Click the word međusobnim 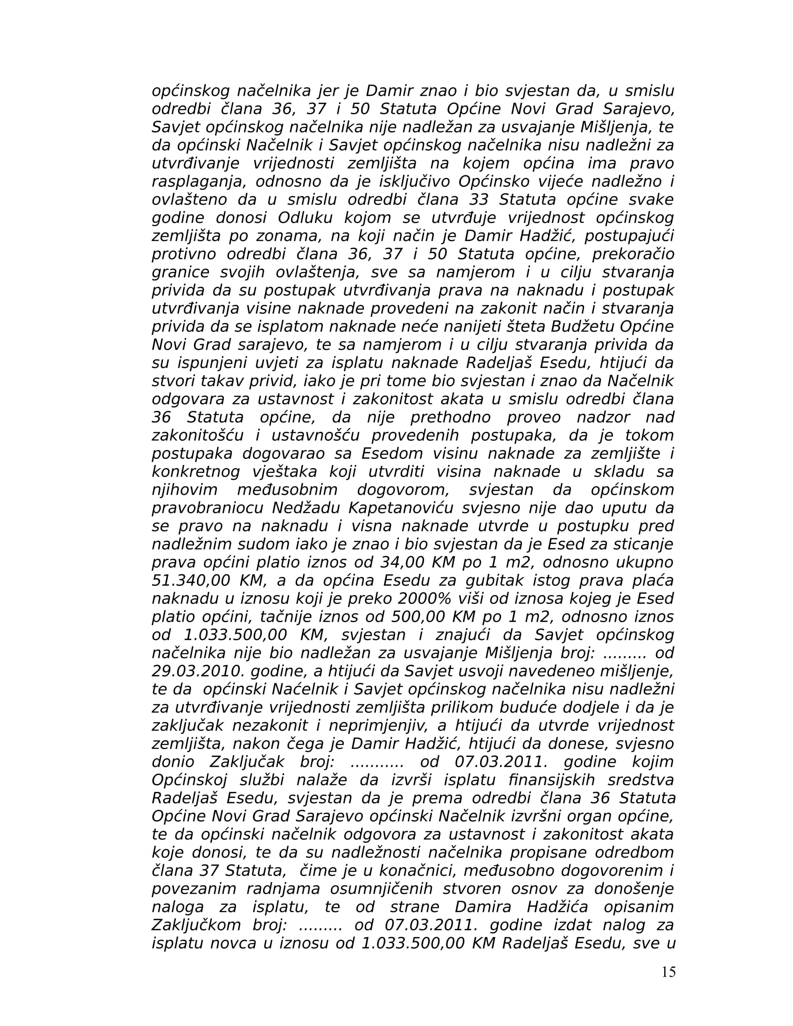287,490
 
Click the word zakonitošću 197,436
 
